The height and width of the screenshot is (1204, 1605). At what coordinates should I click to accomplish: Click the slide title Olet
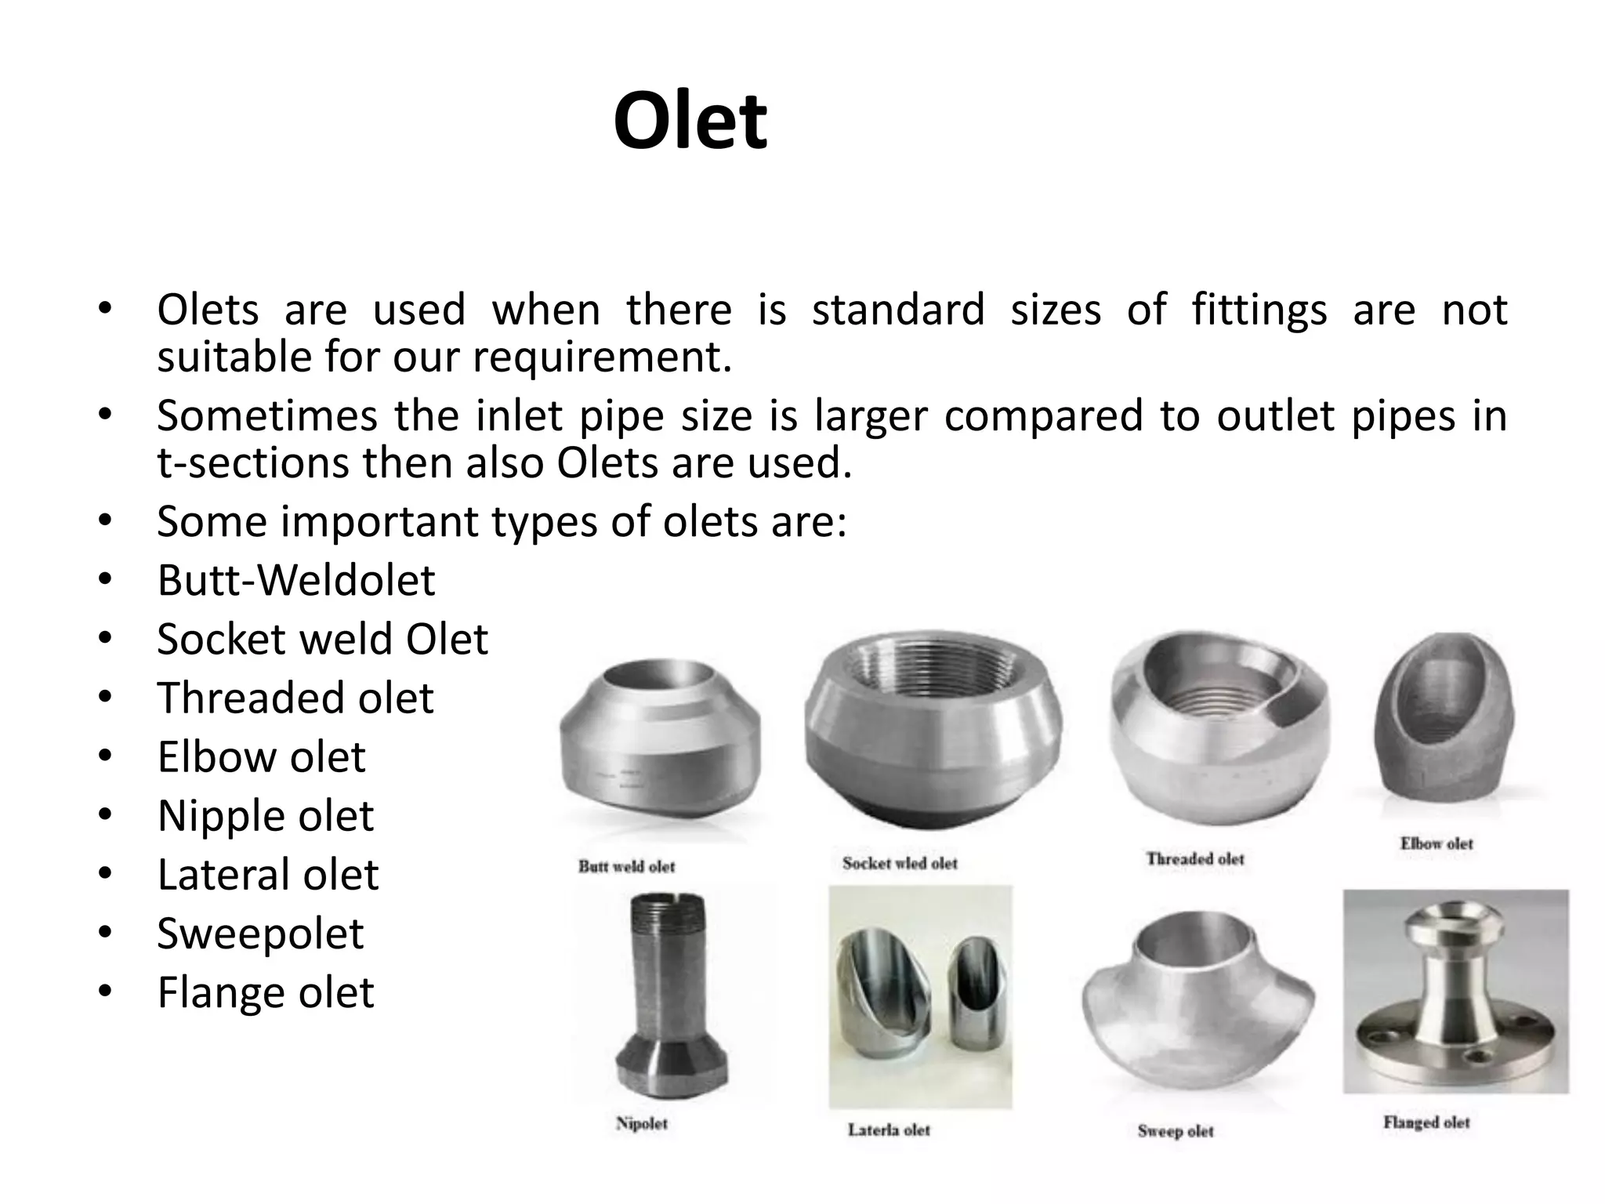[690, 121]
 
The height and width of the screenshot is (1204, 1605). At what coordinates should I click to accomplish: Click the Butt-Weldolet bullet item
[295, 580]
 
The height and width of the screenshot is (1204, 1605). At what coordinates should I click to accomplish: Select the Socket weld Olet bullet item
[322, 639]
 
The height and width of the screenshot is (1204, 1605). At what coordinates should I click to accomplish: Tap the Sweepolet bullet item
[260, 933]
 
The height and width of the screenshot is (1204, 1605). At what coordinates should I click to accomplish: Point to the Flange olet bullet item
[266, 992]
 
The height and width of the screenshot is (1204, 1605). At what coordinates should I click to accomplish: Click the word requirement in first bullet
[601, 357]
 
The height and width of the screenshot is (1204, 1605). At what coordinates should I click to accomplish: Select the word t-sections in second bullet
[252, 462]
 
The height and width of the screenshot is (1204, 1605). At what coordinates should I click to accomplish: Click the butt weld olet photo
[660, 745]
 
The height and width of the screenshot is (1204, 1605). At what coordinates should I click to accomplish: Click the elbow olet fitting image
[1444, 717]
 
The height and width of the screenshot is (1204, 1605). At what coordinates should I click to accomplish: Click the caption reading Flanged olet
[1426, 1122]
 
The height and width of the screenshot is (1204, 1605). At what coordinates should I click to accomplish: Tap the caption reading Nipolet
[642, 1123]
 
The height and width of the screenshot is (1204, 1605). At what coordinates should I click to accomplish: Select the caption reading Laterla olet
[889, 1130]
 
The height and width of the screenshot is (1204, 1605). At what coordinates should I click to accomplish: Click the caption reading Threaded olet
[1195, 859]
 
